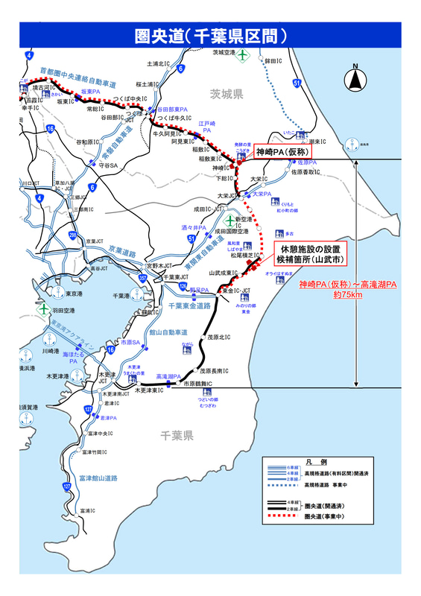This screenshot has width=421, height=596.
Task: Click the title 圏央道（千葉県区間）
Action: [x=211, y=35]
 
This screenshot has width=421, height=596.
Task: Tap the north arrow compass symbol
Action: [x=355, y=77]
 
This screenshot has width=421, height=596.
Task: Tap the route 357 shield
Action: [x=163, y=278]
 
